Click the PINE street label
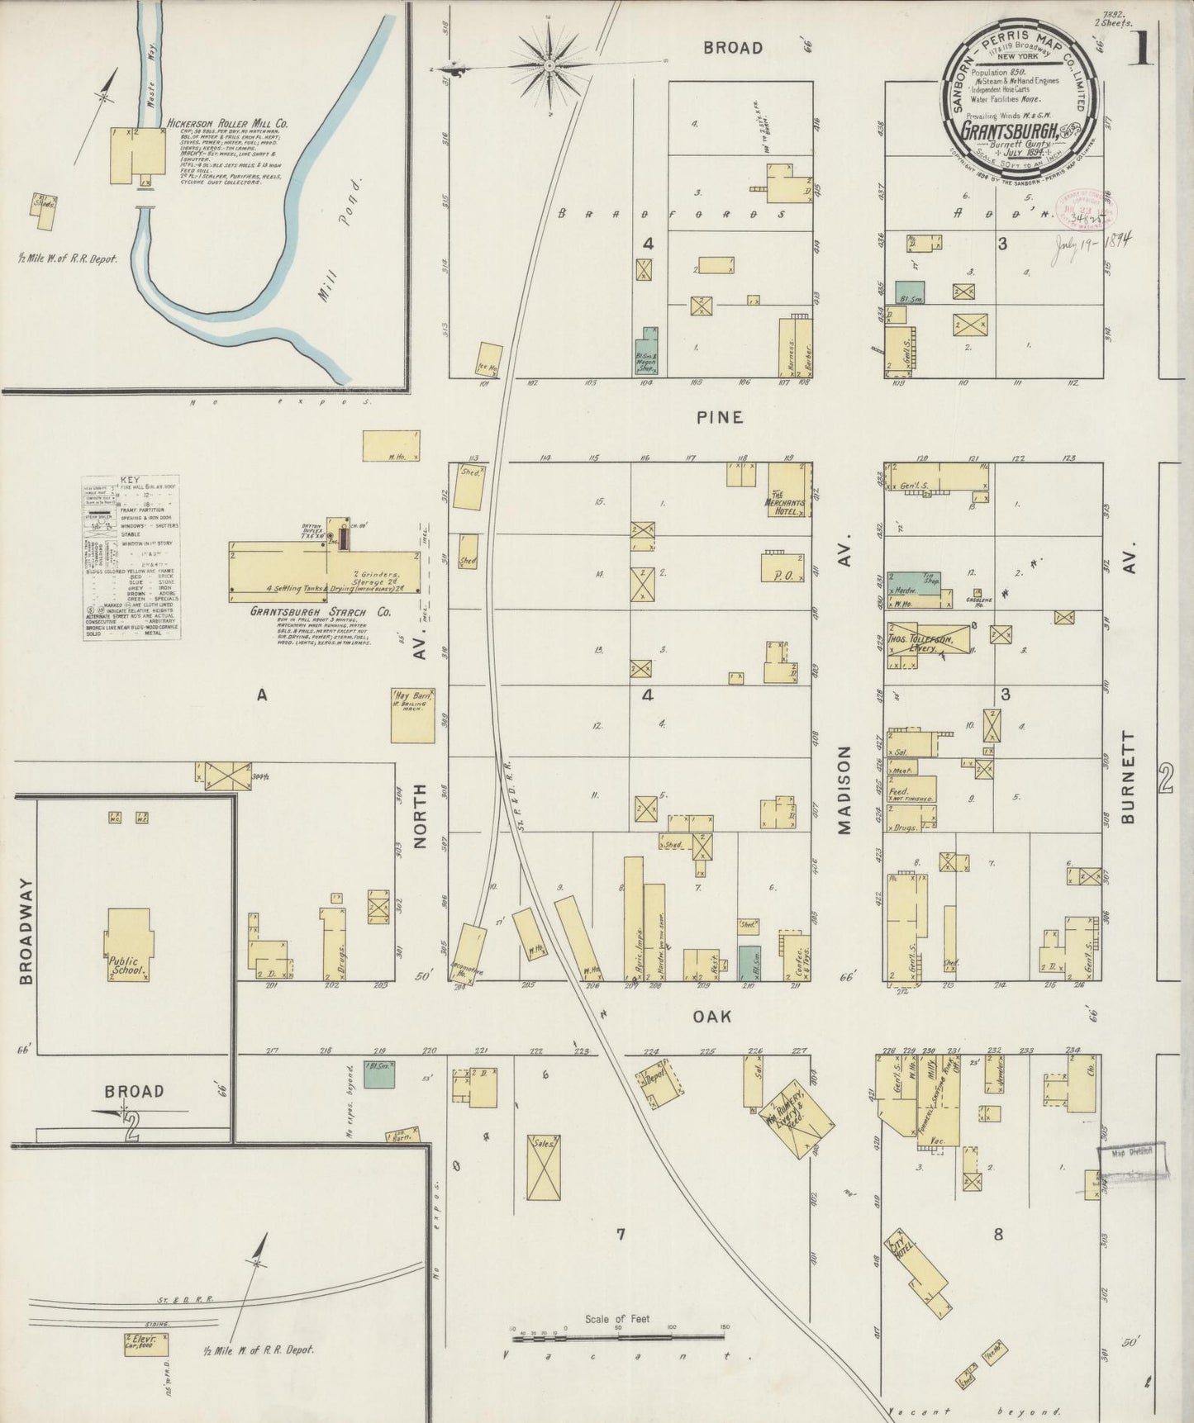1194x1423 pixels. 719,418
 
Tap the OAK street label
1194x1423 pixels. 711,1017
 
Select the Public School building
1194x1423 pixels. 128,946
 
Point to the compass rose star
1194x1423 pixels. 549,64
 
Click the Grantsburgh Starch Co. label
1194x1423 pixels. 321,613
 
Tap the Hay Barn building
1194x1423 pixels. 412,715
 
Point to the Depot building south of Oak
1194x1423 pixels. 658,1087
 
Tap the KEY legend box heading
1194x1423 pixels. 130,480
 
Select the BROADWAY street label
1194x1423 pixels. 26,931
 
